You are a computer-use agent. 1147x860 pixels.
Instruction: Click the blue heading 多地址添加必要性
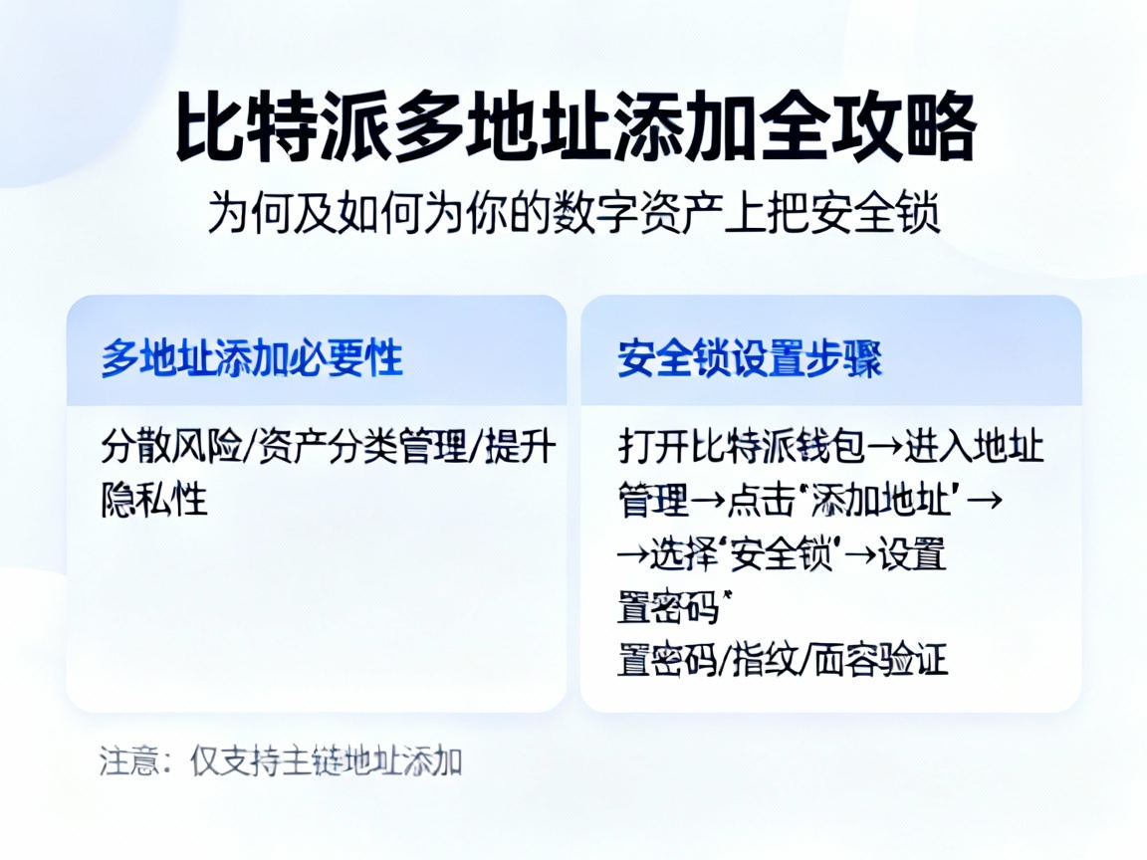pyautogui.click(x=252, y=358)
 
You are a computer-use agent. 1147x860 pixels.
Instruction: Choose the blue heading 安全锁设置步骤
pyautogui.click(x=750, y=358)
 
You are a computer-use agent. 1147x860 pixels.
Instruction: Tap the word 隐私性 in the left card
pyautogui.click(x=154, y=500)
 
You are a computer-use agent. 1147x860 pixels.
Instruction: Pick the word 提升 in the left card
pyautogui.click(x=520, y=448)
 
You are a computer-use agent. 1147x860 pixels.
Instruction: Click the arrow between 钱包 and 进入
pyautogui.click(x=885, y=448)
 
